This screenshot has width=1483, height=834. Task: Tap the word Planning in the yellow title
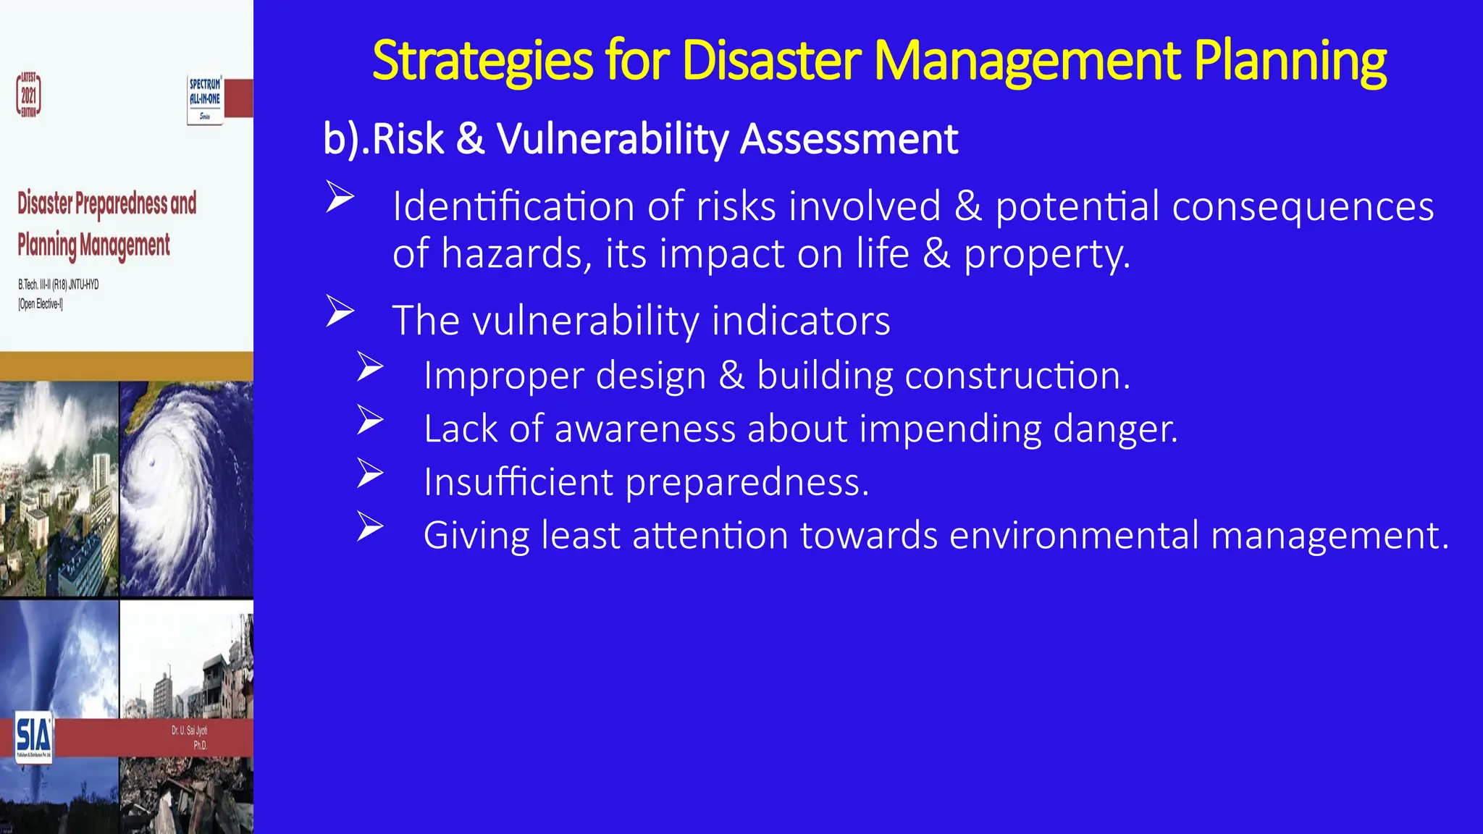[1290, 61]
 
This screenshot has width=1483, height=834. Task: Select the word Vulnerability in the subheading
[613, 139]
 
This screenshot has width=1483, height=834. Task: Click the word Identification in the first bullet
[513, 206]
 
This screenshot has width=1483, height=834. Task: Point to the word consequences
[1303, 206]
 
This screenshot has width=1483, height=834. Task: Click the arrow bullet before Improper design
[370, 367]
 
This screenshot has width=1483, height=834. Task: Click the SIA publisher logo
[33, 736]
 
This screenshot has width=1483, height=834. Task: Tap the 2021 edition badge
[29, 95]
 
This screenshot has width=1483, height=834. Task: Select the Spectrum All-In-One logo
[205, 99]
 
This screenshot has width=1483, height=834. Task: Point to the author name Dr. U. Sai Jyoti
[189, 730]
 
